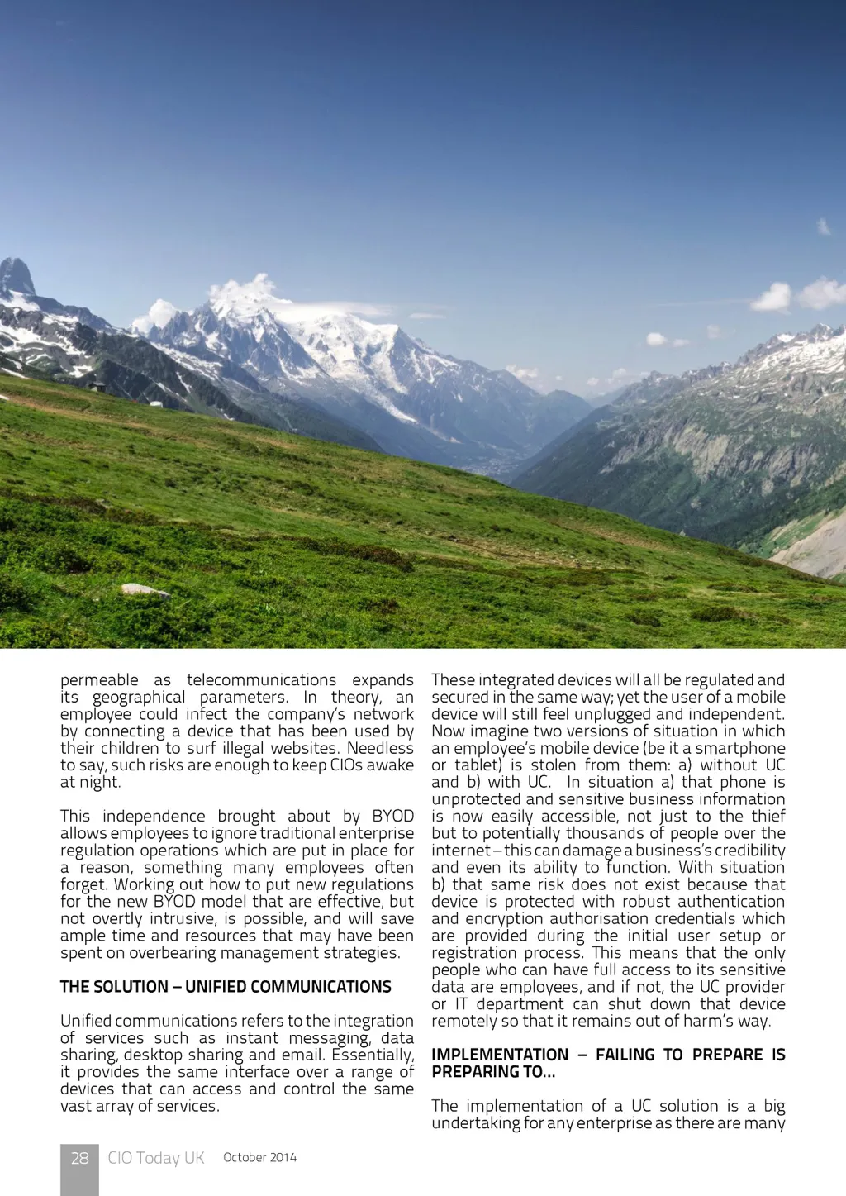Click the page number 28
pyautogui.click(x=79, y=1158)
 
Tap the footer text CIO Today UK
pyautogui.click(x=155, y=1158)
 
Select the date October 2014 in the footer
pyautogui.click(x=259, y=1157)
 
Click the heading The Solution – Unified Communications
pyautogui.click(x=226, y=987)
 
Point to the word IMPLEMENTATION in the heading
pyautogui.click(x=500, y=1055)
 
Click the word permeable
pyautogui.click(x=99, y=680)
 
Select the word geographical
pyautogui.click(x=139, y=698)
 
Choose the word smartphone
pyautogui.click(x=739, y=748)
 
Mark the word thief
pyautogui.click(x=768, y=817)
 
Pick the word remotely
pyautogui.click(x=464, y=1022)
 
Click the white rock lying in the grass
pyautogui.click(x=145, y=590)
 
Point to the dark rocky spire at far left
pyautogui.click(x=17, y=277)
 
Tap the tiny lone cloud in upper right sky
pyautogui.click(x=824, y=226)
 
